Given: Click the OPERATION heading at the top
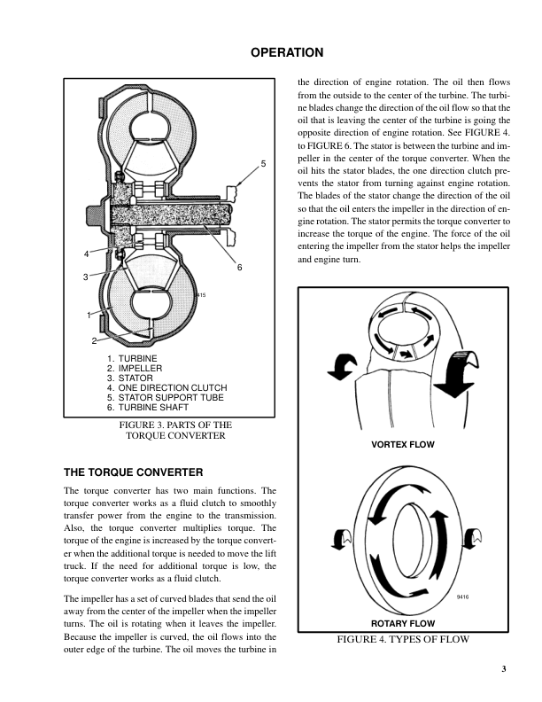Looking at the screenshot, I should (287, 52).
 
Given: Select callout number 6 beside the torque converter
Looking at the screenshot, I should (239, 268).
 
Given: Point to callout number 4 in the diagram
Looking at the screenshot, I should (87, 254).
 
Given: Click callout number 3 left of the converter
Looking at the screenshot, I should (86, 277).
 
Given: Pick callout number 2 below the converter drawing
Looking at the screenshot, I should (94, 340).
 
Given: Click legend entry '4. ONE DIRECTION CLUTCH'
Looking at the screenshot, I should (166, 388).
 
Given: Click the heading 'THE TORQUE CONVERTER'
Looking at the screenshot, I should (134, 472).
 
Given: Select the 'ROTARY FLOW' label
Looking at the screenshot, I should (402, 623).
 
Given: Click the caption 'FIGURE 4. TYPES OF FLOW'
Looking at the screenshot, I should (402, 638).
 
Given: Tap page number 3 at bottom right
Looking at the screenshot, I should (502, 668).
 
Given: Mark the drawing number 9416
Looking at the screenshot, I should (462, 597).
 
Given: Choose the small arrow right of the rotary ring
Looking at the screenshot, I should (472, 536).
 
